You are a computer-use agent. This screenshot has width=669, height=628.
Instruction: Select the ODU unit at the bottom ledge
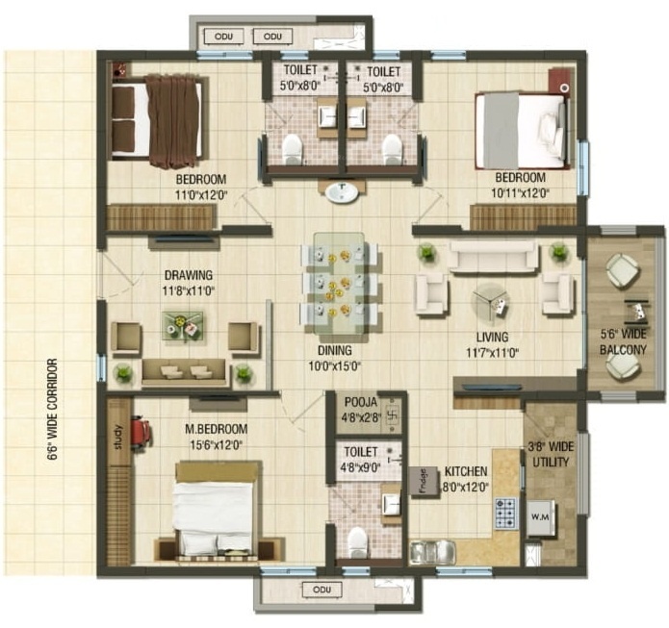click(316, 590)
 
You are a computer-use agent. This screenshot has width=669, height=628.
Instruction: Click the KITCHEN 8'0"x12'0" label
click(466, 480)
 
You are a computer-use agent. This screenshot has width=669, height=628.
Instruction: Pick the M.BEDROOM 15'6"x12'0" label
click(216, 436)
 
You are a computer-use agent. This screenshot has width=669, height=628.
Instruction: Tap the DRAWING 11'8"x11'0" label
click(188, 281)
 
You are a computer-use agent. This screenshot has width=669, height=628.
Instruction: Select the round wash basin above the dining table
click(341, 192)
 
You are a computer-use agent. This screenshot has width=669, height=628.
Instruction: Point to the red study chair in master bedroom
click(140, 433)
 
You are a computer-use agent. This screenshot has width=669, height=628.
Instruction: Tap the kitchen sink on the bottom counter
click(432, 551)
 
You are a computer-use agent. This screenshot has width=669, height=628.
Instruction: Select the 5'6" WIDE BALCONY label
click(623, 343)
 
